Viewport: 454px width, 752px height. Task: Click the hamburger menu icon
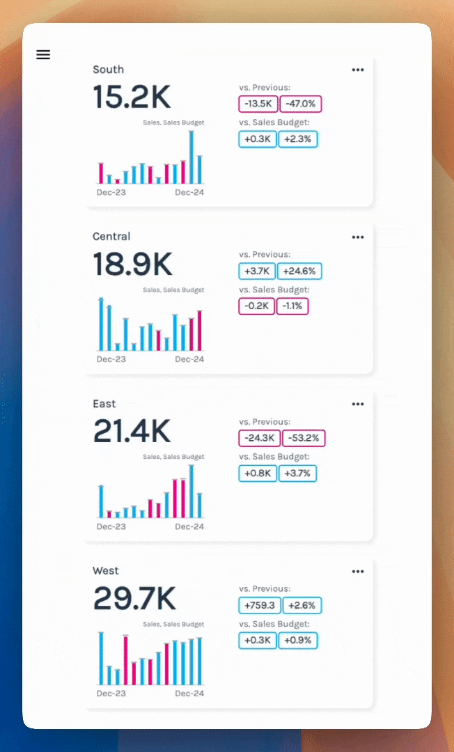click(x=43, y=55)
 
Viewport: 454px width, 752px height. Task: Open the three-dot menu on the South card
click(x=358, y=70)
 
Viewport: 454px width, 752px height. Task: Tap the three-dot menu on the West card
click(x=358, y=571)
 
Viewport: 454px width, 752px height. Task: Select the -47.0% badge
click(x=301, y=104)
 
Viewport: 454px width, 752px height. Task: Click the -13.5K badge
click(x=258, y=104)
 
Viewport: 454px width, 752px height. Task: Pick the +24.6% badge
click(x=299, y=272)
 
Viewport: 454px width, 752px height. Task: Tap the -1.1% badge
click(x=292, y=306)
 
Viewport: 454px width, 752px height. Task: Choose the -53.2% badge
click(x=303, y=439)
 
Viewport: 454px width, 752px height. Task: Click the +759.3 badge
click(x=258, y=606)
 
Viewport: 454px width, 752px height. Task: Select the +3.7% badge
click(x=298, y=473)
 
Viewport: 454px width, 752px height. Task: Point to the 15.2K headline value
click(x=132, y=97)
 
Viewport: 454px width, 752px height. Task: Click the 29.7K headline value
click(x=134, y=599)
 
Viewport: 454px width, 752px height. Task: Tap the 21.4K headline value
click(x=132, y=432)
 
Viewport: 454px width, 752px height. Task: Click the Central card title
click(x=111, y=237)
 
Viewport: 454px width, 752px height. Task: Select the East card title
click(x=104, y=404)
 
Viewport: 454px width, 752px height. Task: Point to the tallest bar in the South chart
click(x=191, y=157)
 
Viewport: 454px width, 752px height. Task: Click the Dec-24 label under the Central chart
click(x=189, y=359)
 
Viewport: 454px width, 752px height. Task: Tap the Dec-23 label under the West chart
click(x=111, y=694)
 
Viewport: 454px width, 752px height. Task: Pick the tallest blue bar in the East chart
click(x=191, y=491)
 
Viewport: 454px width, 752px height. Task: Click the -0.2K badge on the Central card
click(x=256, y=306)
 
